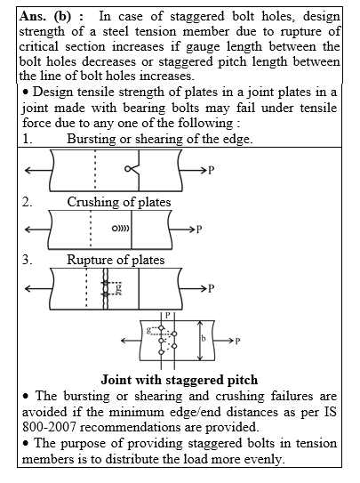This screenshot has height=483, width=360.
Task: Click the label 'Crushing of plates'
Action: (119, 203)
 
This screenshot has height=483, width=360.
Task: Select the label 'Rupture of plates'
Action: (116, 260)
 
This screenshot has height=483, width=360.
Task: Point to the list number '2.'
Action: (28, 203)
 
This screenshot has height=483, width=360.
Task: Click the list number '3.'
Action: (28, 260)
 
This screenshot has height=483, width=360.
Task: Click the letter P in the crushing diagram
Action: (199, 229)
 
